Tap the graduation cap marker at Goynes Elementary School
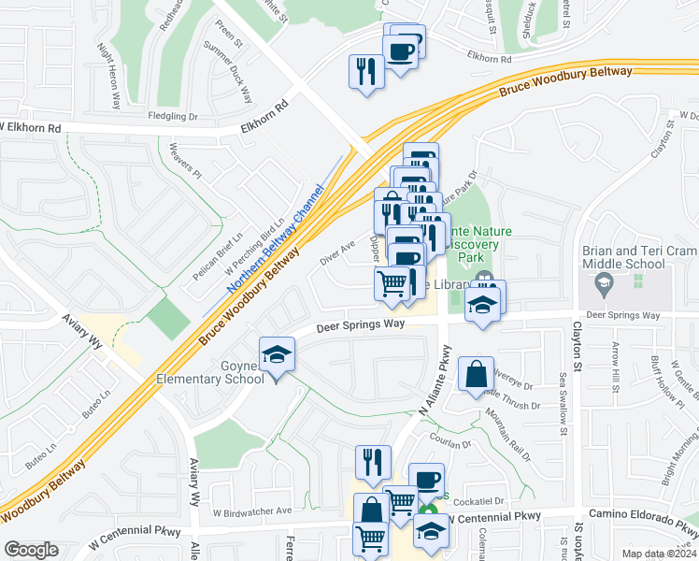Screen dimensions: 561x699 (x=277, y=356)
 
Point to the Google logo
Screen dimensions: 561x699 (x=31, y=550)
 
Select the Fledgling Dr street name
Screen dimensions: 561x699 (x=174, y=117)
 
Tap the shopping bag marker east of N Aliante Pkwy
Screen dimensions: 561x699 (x=477, y=374)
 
